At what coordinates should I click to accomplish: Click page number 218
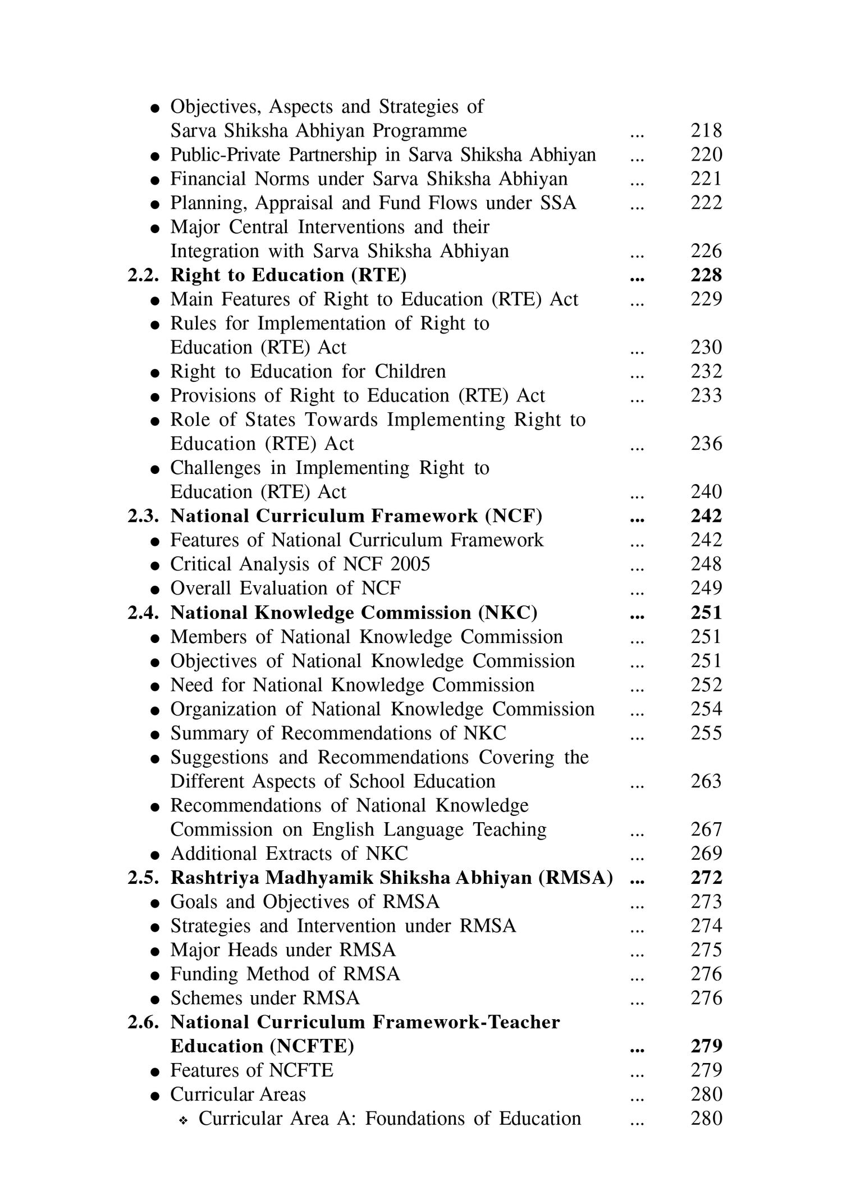click(x=706, y=131)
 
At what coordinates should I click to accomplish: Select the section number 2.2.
click(x=143, y=276)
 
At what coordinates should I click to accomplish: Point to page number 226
click(x=706, y=252)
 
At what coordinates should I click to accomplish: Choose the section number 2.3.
click(x=143, y=517)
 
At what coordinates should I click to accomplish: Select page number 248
click(x=706, y=564)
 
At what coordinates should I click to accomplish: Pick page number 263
click(x=706, y=782)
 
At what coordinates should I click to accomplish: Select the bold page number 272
click(x=706, y=878)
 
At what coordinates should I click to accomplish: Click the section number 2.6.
click(x=143, y=1023)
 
